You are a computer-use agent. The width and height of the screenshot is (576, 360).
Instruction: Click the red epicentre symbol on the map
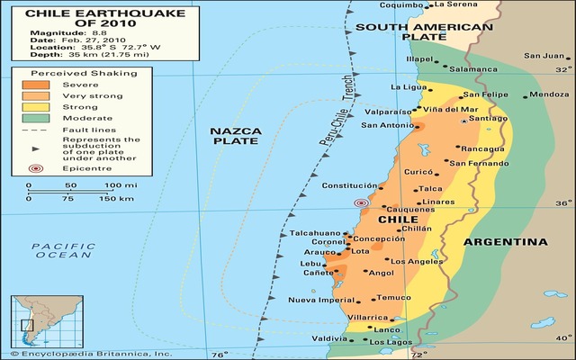click(361, 203)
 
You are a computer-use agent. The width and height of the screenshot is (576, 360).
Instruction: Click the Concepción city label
click(379, 239)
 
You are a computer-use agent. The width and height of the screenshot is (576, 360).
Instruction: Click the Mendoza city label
click(549, 94)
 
